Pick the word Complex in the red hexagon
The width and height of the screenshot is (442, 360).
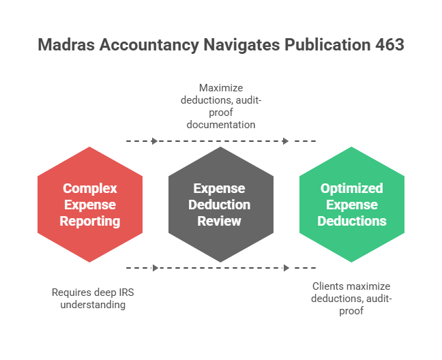(x=90, y=188)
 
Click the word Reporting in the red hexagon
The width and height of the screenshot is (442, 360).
(x=90, y=221)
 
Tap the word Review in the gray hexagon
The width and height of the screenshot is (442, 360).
(x=220, y=221)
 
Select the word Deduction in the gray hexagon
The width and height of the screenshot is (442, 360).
(x=221, y=205)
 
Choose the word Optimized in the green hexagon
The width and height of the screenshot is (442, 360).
(x=352, y=188)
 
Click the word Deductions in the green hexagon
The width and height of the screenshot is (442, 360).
(x=352, y=221)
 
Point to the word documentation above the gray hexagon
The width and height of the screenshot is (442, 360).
(x=221, y=125)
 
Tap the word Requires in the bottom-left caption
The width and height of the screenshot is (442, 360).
(x=70, y=292)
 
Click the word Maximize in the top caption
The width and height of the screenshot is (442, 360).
(x=221, y=88)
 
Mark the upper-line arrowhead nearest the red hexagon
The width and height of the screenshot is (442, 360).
(x=155, y=141)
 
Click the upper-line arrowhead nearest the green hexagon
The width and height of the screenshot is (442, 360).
(x=286, y=141)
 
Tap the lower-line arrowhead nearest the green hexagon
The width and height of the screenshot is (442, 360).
(x=286, y=268)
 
